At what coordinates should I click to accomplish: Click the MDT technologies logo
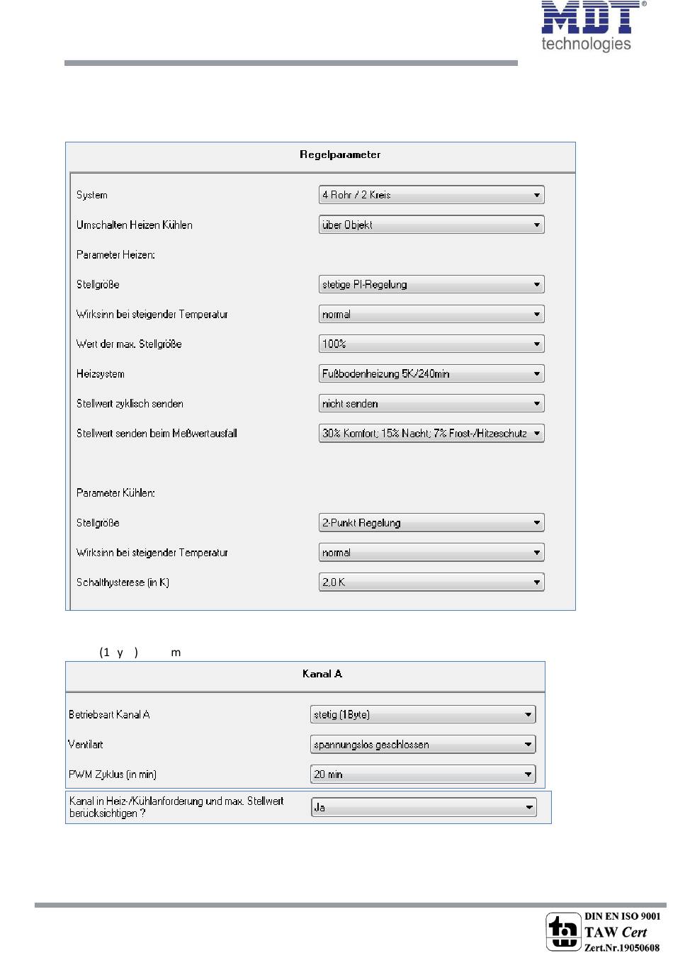[x=592, y=27]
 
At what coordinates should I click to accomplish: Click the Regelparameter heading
[x=340, y=154]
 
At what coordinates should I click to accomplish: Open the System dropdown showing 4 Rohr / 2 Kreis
[x=431, y=195]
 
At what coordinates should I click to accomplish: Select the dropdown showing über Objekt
[x=431, y=225]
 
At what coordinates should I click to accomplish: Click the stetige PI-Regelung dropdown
[x=431, y=285]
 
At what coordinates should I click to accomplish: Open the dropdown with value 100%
[x=431, y=344]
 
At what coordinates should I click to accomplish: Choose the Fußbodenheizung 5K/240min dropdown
[x=431, y=374]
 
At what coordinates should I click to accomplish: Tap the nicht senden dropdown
[x=431, y=404]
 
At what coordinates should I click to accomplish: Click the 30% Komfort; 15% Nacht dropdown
[x=431, y=434]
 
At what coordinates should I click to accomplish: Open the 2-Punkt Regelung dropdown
[x=431, y=523]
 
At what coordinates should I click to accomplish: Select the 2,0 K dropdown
[x=431, y=582]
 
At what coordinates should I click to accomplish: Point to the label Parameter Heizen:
[x=115, y=255]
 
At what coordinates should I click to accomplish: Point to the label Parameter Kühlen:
[x=115, y=493]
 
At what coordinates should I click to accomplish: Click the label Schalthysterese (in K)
[x=123, y=582]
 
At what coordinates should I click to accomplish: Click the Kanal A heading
[x=322, y=674]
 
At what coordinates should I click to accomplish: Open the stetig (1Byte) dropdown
[x=423, y=715]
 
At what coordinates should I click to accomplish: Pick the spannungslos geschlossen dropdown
[x=423, y=745]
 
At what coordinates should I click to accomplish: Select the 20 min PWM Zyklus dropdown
[x=423, y=774]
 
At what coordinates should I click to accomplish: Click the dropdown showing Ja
[x=424, y=808]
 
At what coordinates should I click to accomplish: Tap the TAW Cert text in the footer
[x=616, y=932]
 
